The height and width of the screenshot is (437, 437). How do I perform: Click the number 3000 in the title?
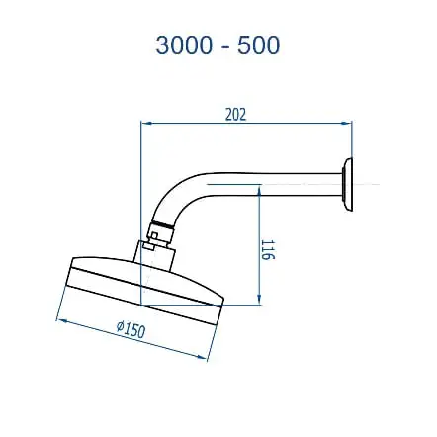[183, 44]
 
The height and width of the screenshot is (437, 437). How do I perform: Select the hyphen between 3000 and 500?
[222, 45]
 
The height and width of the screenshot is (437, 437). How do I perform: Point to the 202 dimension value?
[234, 114]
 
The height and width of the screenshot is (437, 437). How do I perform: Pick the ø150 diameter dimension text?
[131, 329]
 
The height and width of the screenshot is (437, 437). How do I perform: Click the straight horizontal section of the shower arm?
[287, 185]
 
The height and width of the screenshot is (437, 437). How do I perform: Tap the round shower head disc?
[143, 292]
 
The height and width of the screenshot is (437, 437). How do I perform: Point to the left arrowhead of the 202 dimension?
[145, 124]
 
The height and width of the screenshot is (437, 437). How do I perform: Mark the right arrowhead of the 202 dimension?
[349, 124]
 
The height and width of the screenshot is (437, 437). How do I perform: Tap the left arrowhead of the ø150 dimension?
[58, 318]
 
